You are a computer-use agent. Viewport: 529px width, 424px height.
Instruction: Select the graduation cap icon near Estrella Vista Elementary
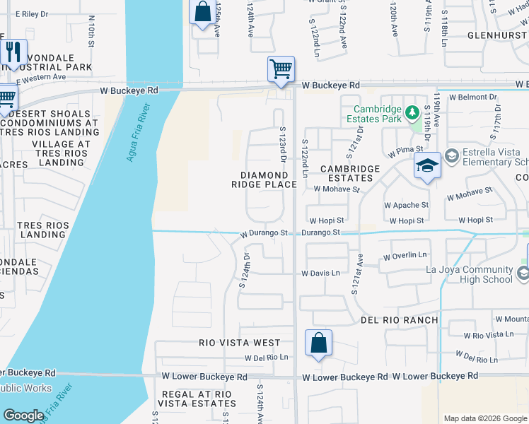pyautogui.click(x=427, y=166)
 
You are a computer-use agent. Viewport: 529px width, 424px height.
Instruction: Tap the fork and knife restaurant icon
pyautogui.click(x=13, y=53)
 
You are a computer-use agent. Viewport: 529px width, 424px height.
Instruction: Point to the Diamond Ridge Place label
pyautogui.click(x=264, y=179)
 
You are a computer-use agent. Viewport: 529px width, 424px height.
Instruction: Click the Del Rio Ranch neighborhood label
pyautogui.click(x=399, y=320)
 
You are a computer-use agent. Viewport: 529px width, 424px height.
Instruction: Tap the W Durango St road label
pyautogui.click(x=264, y=232)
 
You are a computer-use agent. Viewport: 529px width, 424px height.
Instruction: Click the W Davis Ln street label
pyautogui.click(x=320, y=273)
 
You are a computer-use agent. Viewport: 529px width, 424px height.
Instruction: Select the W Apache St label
pyautogui.click(x=406, y=205)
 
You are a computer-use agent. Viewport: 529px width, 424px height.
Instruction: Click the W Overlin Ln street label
pyautogui.click(x=405, y=255)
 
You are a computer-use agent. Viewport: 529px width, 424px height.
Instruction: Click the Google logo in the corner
pyautogui.click(x=23, y=416)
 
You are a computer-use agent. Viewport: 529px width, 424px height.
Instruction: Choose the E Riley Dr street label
pyautogui.click(x=28, y=14)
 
